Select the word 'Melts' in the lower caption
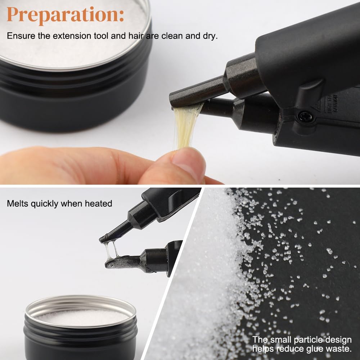(18, 203)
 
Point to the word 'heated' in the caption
(98, 203)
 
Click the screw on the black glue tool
(306, 117)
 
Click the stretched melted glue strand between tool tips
(111, 250)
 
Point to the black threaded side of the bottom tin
(80, 342)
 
